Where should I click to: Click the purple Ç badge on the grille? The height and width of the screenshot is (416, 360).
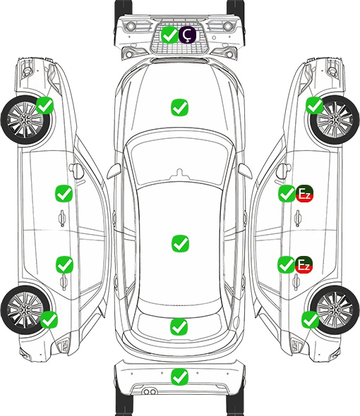coord(187,35)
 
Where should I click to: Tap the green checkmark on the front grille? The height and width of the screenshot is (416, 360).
coord(169,35)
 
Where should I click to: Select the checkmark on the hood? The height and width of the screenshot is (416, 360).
coord(179,107)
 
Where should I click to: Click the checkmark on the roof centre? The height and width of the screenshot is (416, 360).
coord(180,243)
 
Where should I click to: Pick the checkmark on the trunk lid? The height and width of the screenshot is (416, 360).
coord(179,326)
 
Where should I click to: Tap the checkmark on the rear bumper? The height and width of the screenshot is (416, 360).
coord(179,377)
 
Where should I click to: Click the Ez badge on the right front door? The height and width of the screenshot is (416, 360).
coord(304,193)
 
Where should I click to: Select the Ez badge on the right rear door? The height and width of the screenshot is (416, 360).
coord(304,264)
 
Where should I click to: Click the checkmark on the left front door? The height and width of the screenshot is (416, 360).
coord(64,193)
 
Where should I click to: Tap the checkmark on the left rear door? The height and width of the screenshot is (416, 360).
coord(64,264)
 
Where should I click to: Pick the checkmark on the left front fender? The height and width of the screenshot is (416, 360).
coord(45,105)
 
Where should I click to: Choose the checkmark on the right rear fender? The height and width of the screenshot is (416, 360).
coord(310,319)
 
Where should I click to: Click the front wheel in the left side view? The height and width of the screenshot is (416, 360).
coord(25,120)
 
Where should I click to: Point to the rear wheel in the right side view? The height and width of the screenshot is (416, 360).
coord(335,310)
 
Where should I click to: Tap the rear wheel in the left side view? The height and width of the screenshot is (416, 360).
coord(25,310)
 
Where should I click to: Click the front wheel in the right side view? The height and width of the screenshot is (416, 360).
coord(335,120)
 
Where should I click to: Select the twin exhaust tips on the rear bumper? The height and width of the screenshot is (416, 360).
coord(150,392)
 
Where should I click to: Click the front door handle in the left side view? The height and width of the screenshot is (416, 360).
coord(62,218)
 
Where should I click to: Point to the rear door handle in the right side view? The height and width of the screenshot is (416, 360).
coord(296,282)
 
